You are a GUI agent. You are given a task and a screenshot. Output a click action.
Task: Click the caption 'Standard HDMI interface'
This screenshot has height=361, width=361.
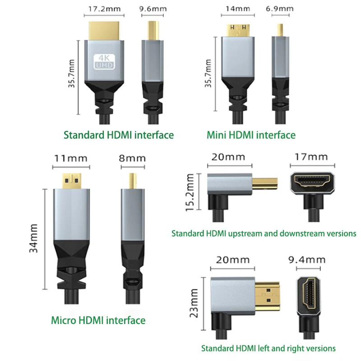click(119, 134)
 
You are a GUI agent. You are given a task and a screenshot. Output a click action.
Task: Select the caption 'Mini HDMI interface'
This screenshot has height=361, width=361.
click(251, 134)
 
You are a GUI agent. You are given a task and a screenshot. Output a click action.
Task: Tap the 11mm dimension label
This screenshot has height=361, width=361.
click(70, 158)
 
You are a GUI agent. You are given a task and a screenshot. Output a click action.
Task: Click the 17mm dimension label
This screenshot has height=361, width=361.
click(312, 157)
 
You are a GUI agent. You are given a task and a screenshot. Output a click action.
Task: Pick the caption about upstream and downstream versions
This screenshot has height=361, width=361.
click(264, 233)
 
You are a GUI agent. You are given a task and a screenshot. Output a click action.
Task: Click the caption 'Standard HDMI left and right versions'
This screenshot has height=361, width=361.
click(268, 348)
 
